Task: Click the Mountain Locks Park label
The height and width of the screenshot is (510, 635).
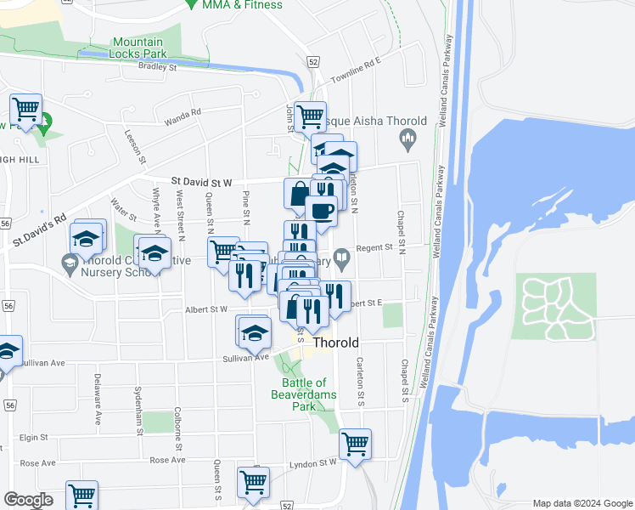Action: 138,47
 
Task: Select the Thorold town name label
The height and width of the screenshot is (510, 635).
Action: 336,343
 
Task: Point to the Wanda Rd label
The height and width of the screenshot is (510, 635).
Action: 183,116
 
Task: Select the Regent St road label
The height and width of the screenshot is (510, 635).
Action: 374,247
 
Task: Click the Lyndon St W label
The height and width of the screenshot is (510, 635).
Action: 315,462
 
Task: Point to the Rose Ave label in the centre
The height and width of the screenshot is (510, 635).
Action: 167,460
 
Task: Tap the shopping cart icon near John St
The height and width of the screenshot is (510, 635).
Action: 311,115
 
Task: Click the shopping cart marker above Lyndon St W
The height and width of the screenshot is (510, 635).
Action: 355,443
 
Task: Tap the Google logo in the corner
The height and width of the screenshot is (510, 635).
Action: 28,500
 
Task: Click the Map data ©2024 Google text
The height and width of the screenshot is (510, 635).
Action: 582,503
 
